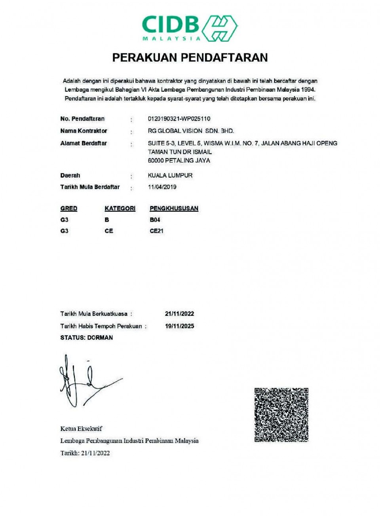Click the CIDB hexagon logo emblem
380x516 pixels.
coord(220,28)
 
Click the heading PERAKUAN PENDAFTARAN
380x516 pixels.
coord(190,58)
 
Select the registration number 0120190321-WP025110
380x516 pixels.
coord(179,119)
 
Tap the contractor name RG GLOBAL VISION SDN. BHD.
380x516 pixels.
coord(191,131)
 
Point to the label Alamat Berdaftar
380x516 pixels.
coord(84,143)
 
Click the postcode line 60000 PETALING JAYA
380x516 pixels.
coord(179,161)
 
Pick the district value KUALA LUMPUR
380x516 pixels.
coord(170,175)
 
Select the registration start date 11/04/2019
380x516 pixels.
coord(162,187)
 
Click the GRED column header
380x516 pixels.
coord(69,209)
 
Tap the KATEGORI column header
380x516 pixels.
coord(120,209)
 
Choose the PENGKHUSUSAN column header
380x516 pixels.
coord(174,209)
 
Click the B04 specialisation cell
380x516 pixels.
coord(155,220)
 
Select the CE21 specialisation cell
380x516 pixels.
coord(156,231)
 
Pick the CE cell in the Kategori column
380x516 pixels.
coord(109,231)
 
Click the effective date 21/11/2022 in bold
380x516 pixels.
coord(179,314)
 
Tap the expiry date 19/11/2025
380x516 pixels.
coord(179,326)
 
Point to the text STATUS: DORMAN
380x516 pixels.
coord(87,338)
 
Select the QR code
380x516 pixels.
coord(281,415)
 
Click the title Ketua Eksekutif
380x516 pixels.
coord(81,429)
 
